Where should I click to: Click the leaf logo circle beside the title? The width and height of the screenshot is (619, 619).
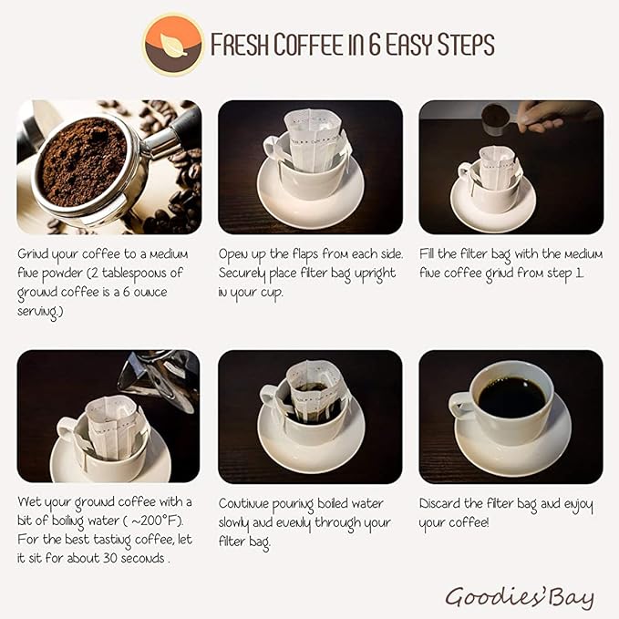tap(173, 45)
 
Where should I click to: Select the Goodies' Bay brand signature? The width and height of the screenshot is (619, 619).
tap(519, 597)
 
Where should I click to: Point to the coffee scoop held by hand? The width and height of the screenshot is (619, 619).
tap(498, 117)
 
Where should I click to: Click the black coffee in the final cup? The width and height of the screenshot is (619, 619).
tap(511, 397)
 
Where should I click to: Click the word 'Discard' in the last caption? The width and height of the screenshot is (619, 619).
tap(442, 503)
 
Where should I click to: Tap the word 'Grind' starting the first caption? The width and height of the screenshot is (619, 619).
tap(36, 253)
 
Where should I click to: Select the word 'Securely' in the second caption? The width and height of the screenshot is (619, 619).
tap(245, 272)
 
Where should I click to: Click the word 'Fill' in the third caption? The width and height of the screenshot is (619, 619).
tap(428, 253)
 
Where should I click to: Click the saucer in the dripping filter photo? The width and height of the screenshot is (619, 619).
tap(310, 448)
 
